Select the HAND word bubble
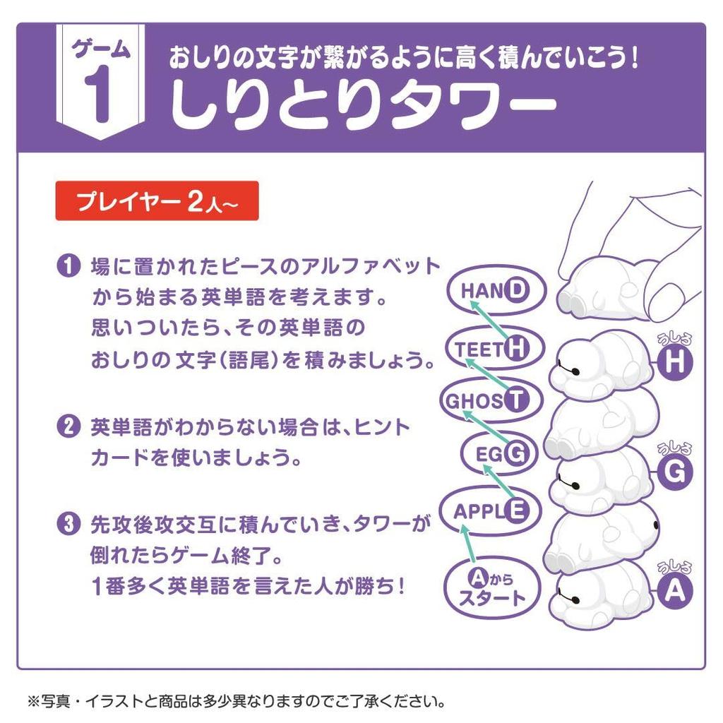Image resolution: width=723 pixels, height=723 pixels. click(494, 289)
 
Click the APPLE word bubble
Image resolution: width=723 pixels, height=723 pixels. click(489, 510)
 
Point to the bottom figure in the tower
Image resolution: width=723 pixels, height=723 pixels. click(600, 593)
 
